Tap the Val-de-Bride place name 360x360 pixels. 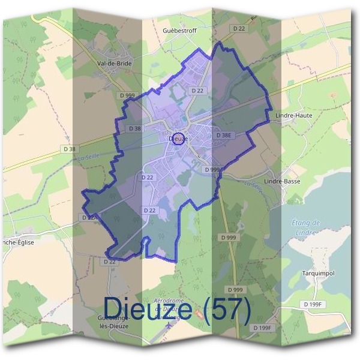113,62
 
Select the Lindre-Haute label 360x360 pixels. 293,115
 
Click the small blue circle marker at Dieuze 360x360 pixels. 178,137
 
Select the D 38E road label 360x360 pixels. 223,136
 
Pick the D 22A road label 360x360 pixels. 88,217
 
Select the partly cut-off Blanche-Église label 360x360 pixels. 17,242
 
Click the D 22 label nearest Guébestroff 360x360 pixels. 239,29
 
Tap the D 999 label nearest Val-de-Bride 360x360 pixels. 127,96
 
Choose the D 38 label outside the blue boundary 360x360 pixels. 70,149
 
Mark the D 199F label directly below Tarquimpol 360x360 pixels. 314,305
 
